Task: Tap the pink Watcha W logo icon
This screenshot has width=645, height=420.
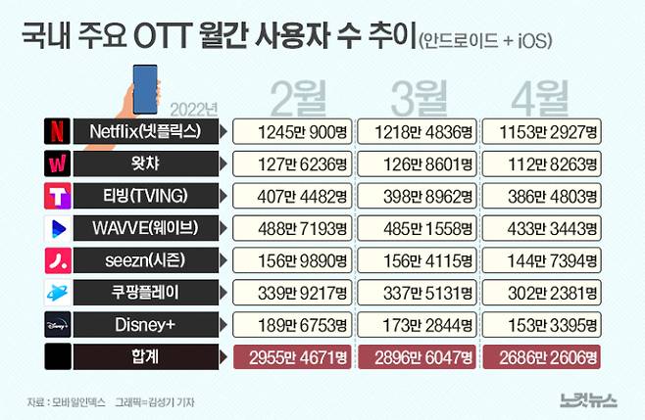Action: pyautogui.click(x=56, y=163)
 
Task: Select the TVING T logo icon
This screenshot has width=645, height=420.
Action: pyautogui.click(x=56, y=195)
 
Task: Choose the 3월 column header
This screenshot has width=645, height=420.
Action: pyautogui.click(x=417, y=98)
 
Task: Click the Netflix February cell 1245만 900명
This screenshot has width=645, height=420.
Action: pyautogui.click(x=292, y=130)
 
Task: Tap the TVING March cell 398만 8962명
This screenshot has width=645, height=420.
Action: pyautogui.click(x=417, y=195)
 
